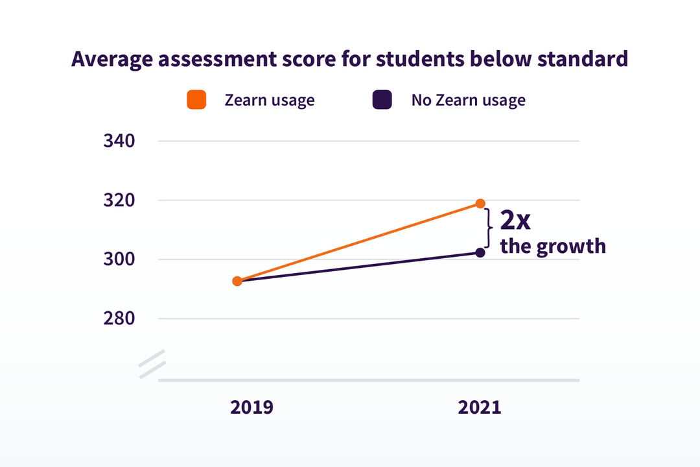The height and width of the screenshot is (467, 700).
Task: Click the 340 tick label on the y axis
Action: tap(119, 141)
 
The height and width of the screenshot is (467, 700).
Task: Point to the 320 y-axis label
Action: tap(119, 200)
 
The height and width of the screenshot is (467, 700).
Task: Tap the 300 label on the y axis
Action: tap(119, 259)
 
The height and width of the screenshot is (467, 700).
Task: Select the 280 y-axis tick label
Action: tap(119, 319)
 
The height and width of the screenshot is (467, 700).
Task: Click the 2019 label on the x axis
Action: tap(252, 408)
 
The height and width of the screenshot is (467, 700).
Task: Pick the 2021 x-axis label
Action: tap(480, 408)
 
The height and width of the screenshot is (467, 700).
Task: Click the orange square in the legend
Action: tap(196, 100)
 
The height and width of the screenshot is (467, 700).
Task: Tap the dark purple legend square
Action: tap(382, 100)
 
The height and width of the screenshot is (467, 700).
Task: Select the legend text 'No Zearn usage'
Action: tap(468, 100)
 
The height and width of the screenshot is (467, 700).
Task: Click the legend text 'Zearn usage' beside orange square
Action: tap(269, 100)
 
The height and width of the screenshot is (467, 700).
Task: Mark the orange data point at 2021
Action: tap(480, 204)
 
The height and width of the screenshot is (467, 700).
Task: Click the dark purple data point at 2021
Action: tap(480, 252)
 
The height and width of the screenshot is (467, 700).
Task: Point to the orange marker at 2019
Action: tap(237, 281)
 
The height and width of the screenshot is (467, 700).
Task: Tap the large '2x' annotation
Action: tap(515, 221)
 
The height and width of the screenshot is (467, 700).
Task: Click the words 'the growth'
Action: tap(552, 247)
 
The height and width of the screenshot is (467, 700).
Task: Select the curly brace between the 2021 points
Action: tap(489, 228)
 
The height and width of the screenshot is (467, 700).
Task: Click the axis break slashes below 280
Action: tap(152, 364)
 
